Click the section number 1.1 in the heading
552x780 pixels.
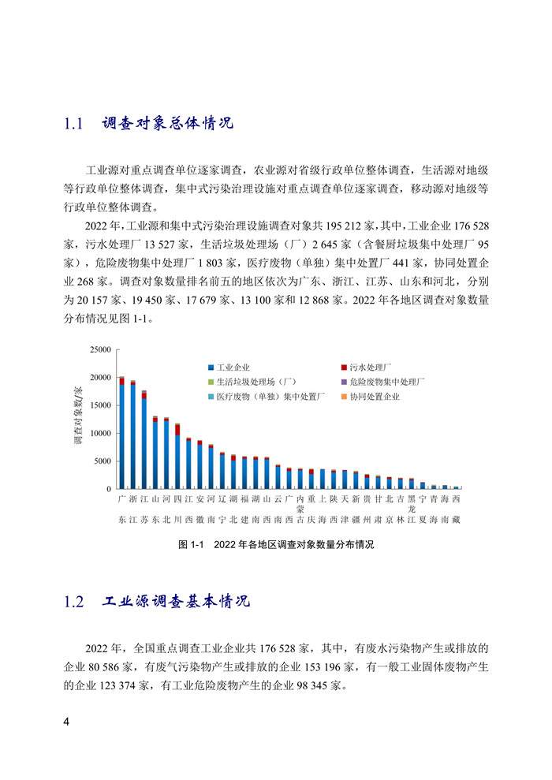point(73,125)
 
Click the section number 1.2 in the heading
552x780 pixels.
point(73,602)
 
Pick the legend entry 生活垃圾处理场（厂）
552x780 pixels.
point(251,382)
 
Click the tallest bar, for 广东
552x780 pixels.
point(121,434)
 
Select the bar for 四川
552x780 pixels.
point(177,457)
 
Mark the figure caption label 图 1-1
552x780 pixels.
point(192,544)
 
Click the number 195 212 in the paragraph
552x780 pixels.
point(360,224)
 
